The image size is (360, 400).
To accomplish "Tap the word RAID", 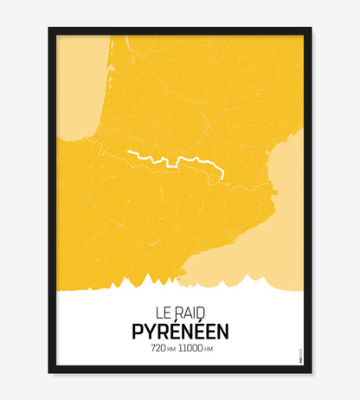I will click(x=190, y=311).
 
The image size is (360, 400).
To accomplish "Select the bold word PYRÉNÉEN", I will click(x=180, y=331).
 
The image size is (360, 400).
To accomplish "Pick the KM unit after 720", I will click(x=172, y=350).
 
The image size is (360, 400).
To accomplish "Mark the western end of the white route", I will click(x=128, y=152).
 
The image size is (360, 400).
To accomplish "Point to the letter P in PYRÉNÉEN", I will click(x=138, y=332).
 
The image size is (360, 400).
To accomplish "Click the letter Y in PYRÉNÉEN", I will click(x=150, y=332).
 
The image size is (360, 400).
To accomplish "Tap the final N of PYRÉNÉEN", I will click(x=222, y=332).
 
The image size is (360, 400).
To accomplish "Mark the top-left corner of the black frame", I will click(x=50, y=29).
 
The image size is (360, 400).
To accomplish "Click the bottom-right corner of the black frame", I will click(x=311, y=372).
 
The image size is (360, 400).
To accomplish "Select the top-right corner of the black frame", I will click(x=311, y=29).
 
